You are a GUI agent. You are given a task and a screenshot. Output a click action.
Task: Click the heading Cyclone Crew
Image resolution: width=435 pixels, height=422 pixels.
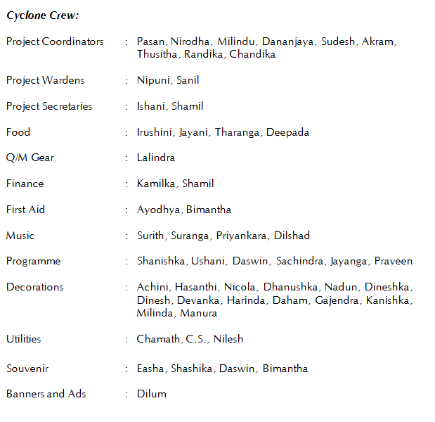(43, 15)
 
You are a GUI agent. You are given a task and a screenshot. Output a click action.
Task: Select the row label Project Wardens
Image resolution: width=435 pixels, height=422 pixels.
(45, 80)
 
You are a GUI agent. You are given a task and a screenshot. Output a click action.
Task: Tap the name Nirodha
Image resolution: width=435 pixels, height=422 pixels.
(190, 41)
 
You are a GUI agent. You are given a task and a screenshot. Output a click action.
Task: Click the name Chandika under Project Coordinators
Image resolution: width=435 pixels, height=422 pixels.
(252, 54)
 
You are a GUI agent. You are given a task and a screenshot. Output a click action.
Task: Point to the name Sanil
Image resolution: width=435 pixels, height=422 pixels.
(188, 80)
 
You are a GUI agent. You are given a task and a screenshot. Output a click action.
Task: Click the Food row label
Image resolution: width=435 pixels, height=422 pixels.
(18, 132)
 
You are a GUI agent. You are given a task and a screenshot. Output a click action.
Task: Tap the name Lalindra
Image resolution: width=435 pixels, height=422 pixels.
(156, 158)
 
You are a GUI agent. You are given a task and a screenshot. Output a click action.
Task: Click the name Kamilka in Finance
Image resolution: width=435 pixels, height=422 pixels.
(156, 184)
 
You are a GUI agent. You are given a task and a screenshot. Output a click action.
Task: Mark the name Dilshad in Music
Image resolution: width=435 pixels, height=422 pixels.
(292, 236)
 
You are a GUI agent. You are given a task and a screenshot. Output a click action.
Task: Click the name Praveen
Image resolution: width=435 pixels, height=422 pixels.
(394, 261)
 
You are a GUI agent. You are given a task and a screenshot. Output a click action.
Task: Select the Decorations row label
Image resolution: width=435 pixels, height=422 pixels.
(35, 287)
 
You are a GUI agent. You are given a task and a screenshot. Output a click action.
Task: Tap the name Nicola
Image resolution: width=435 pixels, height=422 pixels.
(240, 287)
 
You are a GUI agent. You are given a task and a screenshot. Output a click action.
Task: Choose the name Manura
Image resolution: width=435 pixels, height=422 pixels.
(199, 313)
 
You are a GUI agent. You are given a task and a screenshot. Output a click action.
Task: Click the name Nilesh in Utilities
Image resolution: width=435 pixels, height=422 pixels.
(228, 339)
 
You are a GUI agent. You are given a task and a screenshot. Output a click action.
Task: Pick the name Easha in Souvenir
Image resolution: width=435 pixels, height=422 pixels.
(150, 369)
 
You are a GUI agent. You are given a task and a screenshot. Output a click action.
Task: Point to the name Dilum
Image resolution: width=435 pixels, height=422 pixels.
(152, 394)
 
